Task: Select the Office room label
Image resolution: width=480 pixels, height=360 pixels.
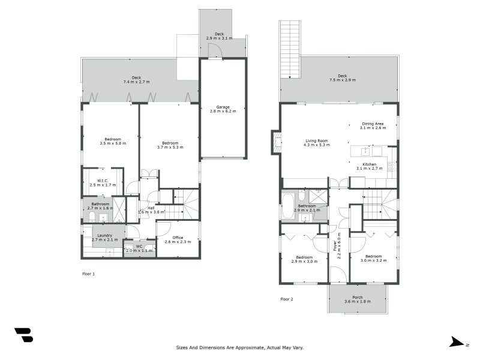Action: tap(178, 238)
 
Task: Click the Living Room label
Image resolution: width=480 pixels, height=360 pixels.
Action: tap(316, 141)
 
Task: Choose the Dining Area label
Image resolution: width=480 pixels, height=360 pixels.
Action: tap(373, 124)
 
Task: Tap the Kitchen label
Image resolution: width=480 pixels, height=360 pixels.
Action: tap(370, 164)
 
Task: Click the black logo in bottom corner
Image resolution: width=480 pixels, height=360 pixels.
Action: tap(23, 335)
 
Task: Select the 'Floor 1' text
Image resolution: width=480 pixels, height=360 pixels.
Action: tap(88, 274)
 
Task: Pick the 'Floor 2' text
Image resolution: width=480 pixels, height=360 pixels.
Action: tap(287, 298)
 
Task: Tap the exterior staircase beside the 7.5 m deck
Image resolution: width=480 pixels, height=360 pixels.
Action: tap(290, 49)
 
